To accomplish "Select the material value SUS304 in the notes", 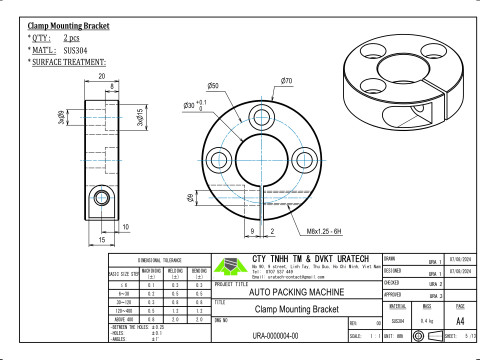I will (x=75, y=47).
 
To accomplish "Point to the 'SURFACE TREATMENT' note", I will (x=70, y=60).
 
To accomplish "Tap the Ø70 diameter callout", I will (x=286, y=80).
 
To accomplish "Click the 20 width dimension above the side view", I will (x=101, y=75).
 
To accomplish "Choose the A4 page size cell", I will (x=459, y=322).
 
